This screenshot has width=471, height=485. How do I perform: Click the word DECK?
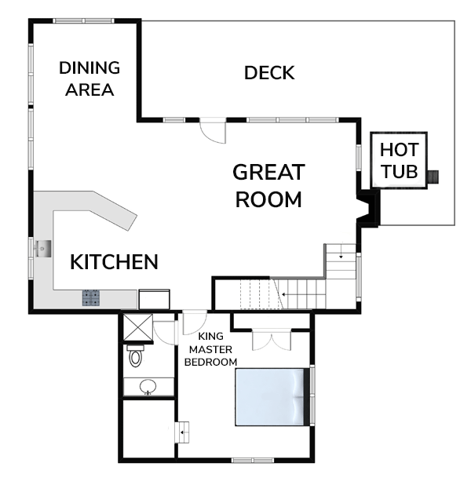point(269,73)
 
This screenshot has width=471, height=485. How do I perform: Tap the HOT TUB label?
point(400,160)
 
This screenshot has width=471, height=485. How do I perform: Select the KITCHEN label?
point(114,262)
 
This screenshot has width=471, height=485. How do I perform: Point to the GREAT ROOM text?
point(268,185)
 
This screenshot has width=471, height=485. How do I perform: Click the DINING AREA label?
point(89,78)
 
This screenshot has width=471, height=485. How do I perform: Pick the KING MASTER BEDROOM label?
point(210,349)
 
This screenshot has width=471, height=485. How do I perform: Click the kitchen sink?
point(43,249)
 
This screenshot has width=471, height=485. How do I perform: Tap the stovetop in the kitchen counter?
point(91,298)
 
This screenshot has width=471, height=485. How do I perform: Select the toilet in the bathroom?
point(135,356)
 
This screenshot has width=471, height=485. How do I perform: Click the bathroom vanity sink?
point(148,387)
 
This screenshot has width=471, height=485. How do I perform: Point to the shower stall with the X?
point(138,327)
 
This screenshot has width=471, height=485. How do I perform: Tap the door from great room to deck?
point(213,130)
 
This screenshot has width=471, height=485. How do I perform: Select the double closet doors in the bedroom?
point(272,340)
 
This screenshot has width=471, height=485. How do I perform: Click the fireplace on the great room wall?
point(368,208)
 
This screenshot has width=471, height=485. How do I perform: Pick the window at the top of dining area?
point(83,20)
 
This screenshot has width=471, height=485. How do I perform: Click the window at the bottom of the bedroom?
point(253,460)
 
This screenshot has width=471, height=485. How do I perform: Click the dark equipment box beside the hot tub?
point(433,177)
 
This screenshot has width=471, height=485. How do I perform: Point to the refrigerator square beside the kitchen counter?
point(154,299)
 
